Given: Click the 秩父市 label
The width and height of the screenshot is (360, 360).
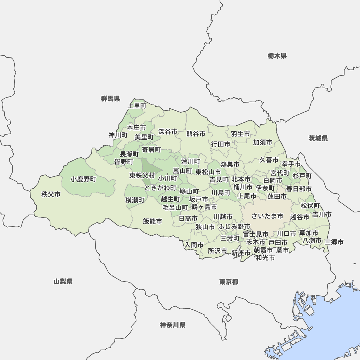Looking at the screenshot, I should pyautogui.click(x=51, y=194).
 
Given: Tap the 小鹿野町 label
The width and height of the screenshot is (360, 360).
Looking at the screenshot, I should pyautogui.click(x=84, y=179).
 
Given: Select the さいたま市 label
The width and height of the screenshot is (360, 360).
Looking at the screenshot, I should pyautogui.click(x=267, y=216).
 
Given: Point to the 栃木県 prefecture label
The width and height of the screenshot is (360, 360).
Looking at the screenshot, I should pyautogui.click(x=277, y=56).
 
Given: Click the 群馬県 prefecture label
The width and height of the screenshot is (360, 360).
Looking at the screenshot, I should pyautogui.click(x=111, y=99).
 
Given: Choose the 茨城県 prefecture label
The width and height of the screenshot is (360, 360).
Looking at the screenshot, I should pyautogui.click(x=318, y=138).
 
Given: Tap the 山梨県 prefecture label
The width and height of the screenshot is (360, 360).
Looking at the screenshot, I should pyautogui.click(x=63, y=282).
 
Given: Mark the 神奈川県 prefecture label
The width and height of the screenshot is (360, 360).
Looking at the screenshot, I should pyautogui.click(x=173, y=325).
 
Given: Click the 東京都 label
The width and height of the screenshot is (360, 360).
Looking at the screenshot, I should pyautogui.click(x=229, y=282).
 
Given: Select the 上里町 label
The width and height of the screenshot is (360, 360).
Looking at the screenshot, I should pyautogui.click(x=137, y=106).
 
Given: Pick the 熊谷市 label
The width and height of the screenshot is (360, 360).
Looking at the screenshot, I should pyautogui.click(x=196, y=134).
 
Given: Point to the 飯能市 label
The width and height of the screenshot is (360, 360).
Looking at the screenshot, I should pyautogui.click(x=152, y=221).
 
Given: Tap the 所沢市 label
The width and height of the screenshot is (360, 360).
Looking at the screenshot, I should pyautogui.click(x=217, y=251).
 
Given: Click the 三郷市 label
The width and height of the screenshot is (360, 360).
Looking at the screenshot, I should pyautogui.click(x=334, y=242).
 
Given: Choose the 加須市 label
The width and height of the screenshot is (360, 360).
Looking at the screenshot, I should pyautogui.click(x=262, y=142).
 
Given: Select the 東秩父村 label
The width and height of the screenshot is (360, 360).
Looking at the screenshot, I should pyautogui.click(x=142, y=176).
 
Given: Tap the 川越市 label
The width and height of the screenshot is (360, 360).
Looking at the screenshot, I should pyautogui.click(x=223, y=217).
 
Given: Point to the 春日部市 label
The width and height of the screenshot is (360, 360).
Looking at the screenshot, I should pyautogui.click(x=299, y=189).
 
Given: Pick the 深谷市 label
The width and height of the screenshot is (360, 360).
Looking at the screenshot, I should pyautogui.click(x=168, y=132).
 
